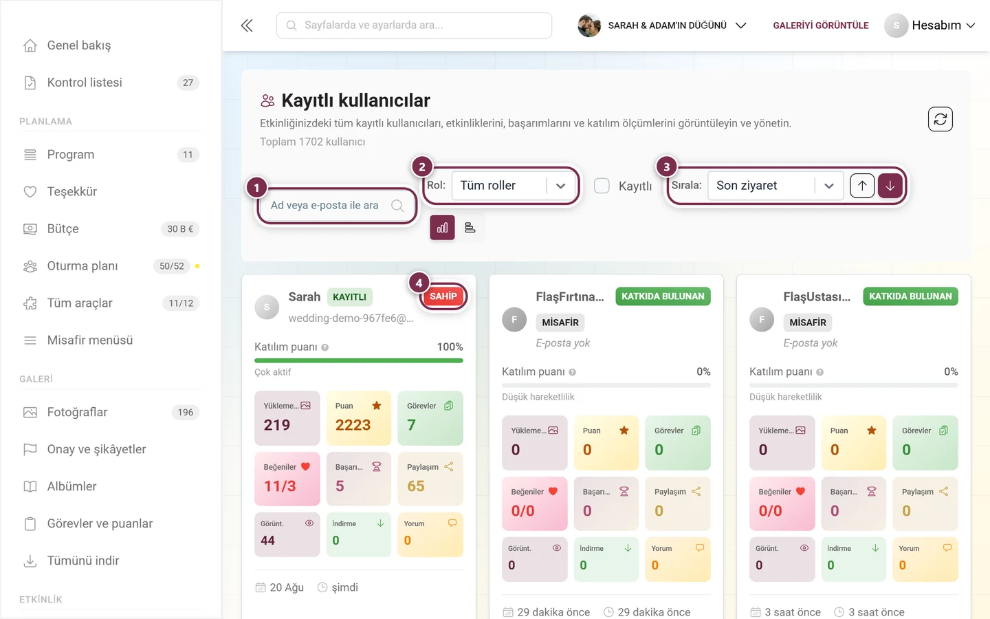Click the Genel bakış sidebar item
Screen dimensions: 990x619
click(x=78, y=45)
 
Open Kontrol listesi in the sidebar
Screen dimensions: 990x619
click(x=85, y=83)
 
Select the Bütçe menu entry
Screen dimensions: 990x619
click(x=63, y=228)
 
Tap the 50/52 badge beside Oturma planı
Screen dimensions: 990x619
click(x=171, y=265)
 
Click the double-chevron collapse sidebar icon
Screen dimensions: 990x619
click(x=247, y=25)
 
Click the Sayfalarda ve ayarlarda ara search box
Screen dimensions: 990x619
click(x=414, y=25)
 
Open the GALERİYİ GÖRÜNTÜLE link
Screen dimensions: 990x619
click(x=821, y=25)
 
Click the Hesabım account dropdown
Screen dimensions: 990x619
click(x=930, y=25)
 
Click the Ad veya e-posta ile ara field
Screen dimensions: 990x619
click(x=337, y=205)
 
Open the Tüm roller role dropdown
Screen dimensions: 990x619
click(x=514, y=185)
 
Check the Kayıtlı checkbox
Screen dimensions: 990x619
click(x=602, y=186)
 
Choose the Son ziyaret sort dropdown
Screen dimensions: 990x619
click(x=775, y=185)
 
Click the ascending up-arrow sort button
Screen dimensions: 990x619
click(x=862, y=186)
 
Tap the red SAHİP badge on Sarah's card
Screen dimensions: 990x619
click(x=443, y=296)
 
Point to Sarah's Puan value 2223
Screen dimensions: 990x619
click(x=353, y=425)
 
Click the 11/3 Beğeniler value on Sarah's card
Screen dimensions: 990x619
click(x=280, y=486)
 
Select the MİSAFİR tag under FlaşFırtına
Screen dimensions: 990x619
click(x=560, y=323)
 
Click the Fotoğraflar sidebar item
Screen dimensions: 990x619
click(x=77, y=412)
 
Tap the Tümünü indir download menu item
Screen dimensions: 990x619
click(x=83, y=561)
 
